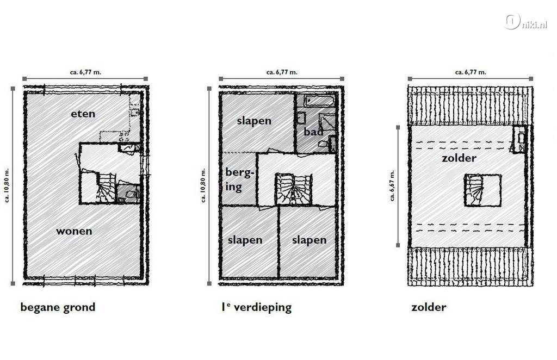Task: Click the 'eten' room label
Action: [83, 114]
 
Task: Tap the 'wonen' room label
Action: [74, 231]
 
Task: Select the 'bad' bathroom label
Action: [313, 132]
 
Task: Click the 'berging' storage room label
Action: [240, 179]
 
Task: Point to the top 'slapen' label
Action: [254, 121]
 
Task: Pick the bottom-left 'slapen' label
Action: [245, 240]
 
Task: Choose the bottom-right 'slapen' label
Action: [309, 240]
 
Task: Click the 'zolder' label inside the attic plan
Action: [459, 158]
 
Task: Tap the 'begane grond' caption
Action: [58, 307]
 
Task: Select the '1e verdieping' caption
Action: [257, 307]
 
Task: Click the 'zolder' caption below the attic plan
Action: [429, 307]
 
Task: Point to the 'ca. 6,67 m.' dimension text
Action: [392, 185]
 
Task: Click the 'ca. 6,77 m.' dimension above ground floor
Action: [85, 72]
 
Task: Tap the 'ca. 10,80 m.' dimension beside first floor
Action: [203, 185]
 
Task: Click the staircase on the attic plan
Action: [474, 190]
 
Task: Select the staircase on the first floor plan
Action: [293, 189]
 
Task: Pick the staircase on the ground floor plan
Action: [106, 188]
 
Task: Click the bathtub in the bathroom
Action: [315, 101]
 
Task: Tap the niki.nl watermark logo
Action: [525, 21]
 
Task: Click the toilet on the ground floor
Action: [128, 194]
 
